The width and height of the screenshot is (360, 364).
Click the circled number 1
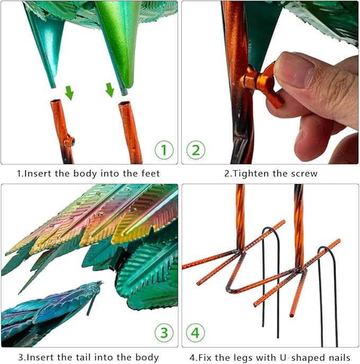point(164,150)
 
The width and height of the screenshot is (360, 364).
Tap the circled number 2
point(196,150)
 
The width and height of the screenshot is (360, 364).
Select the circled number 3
point(164,333)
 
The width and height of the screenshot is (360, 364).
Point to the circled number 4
point(195,333)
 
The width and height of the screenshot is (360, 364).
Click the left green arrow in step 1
point(69,93)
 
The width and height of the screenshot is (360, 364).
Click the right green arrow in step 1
point(110,90)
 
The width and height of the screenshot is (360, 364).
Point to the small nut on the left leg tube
point(69,141)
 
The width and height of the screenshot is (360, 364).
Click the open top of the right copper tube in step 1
point(125,103)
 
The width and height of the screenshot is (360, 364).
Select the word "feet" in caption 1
point(151,173)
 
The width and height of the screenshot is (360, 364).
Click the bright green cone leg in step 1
point(118,44)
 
